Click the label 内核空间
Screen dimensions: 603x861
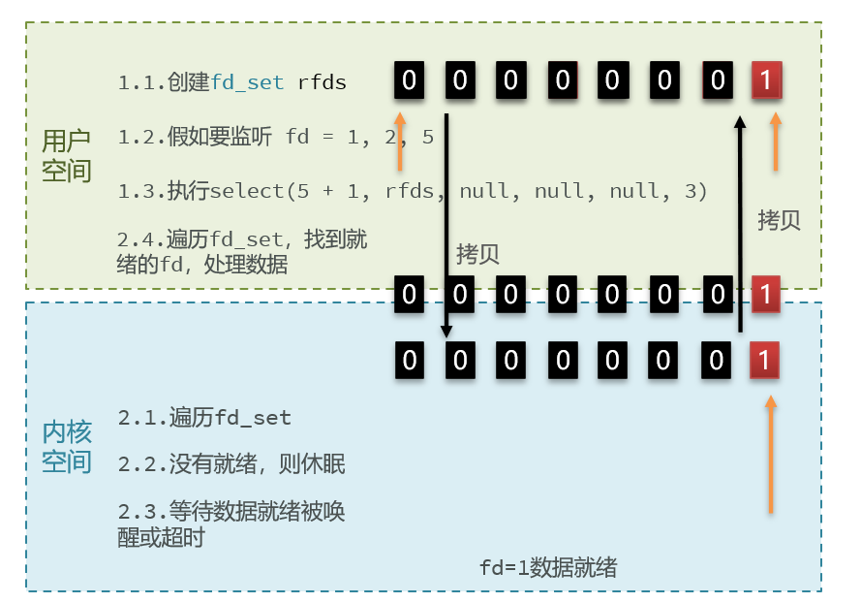pos(66,446)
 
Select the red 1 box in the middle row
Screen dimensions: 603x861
pos(765,293)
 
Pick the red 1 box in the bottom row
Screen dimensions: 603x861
pos(764,361)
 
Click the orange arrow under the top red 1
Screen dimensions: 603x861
pos(774,143)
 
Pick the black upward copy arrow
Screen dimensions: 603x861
pos(740,223)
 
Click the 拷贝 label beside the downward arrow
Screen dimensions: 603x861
pos(477,254)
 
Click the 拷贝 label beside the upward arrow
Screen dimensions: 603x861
pos(779,220)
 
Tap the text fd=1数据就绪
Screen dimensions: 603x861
pos(548,567)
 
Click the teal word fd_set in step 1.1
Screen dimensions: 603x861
pos(248,82)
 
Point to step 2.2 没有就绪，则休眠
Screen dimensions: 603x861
pos(231,465)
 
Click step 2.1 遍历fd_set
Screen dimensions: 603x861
pos(204,418)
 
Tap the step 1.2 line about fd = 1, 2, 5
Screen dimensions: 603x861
pos(276,137)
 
